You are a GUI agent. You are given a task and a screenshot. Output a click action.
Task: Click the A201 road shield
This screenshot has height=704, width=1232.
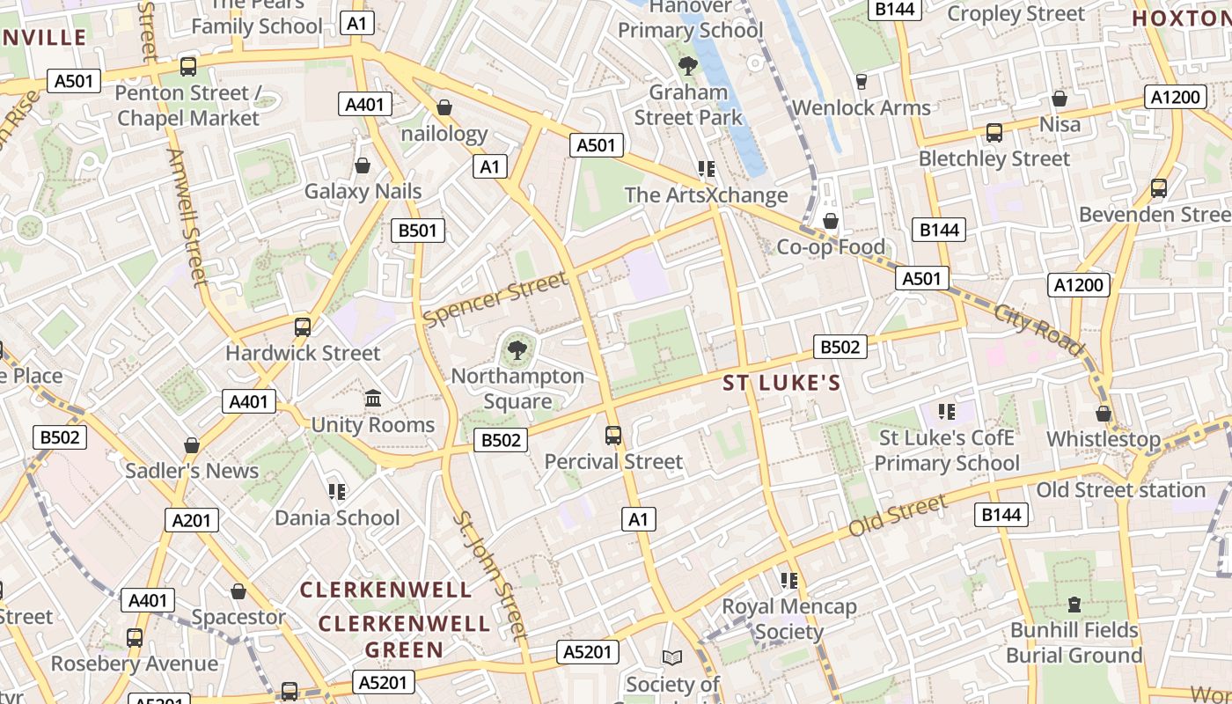click(192, 520)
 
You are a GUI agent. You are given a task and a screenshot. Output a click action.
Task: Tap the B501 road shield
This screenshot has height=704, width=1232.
click(418, 231)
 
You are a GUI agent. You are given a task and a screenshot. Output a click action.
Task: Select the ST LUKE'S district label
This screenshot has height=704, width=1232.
click(781, 383)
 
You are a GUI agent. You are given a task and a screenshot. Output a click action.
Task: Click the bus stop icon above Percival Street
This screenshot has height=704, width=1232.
click(613, 435)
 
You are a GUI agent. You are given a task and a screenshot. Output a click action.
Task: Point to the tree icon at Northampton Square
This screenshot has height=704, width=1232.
click(517, 351)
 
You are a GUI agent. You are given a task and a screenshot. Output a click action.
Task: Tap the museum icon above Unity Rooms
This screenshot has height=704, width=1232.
click(372, 399)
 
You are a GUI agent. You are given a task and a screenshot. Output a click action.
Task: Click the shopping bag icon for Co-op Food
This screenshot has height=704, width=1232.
click(830, 220)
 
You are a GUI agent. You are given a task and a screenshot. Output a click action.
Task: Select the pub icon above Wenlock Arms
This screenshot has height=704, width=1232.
click(861, 82)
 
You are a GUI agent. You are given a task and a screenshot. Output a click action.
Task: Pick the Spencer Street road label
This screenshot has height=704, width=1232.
click(495, 298)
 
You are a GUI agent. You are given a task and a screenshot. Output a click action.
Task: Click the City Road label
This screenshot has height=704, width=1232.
click(1039, 329)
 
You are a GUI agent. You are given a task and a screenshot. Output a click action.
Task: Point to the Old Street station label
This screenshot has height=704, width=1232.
click(1120, 490)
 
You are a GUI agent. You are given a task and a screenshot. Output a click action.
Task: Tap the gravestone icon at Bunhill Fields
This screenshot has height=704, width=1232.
click(1074, 605)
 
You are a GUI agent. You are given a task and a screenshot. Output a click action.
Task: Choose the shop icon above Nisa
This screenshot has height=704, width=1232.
click(1060, 98)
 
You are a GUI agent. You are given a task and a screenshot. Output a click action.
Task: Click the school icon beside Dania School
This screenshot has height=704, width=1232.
click(337, 491)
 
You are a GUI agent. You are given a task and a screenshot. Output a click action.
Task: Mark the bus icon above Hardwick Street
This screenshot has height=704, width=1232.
click(303, 326)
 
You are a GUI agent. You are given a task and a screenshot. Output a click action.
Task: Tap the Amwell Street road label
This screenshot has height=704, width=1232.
click(188, 216)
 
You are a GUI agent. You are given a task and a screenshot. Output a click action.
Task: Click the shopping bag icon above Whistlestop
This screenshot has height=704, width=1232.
click(1104, 413)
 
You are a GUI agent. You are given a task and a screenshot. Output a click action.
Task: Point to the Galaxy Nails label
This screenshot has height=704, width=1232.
click(363, 191)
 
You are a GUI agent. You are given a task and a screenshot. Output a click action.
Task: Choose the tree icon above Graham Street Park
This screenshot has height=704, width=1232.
click(688, 65)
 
